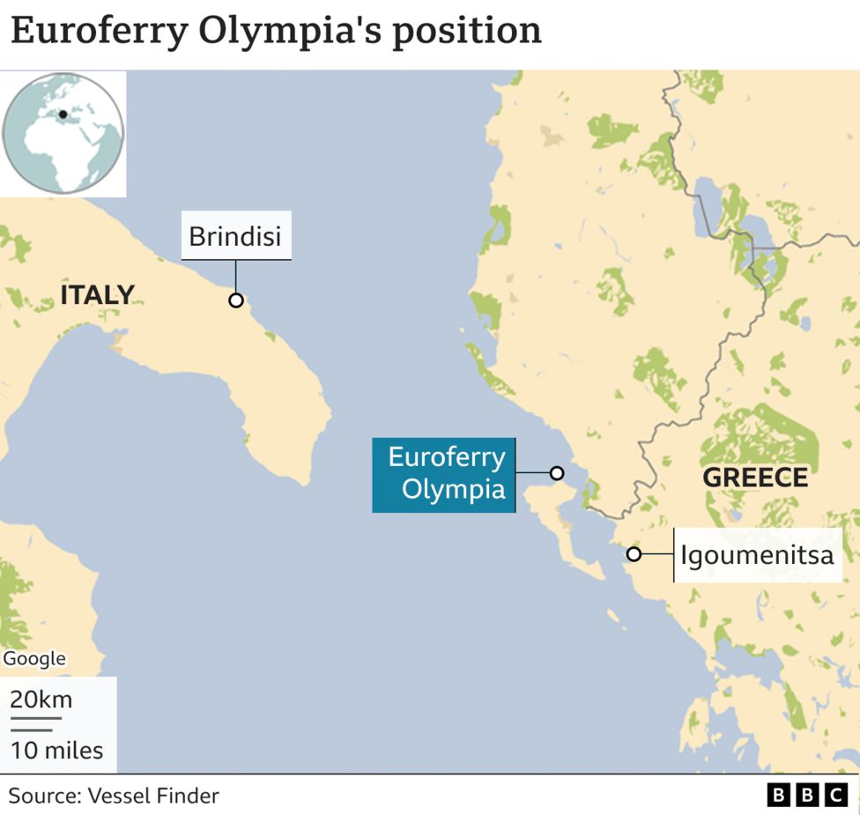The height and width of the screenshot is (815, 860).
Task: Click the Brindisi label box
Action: (235, 237)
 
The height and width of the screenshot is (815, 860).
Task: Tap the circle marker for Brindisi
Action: (235, 300)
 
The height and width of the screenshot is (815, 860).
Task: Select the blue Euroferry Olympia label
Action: (443, 474)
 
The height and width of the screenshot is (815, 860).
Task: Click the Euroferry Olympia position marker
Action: (557, 473)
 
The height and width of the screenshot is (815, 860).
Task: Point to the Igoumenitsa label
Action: (756, 555)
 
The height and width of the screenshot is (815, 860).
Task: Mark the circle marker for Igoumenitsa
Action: (634, 554)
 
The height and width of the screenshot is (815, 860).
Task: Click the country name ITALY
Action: (97, 295)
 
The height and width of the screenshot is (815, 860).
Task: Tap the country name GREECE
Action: (755, 478)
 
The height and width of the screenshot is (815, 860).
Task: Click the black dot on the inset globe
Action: (63, 115)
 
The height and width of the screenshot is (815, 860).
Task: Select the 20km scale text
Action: (41, 700)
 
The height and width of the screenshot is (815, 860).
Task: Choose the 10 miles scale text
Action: (56, 751)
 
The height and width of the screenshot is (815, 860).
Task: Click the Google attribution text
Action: (34, 658)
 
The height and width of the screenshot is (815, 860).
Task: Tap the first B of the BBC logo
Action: (779, 796)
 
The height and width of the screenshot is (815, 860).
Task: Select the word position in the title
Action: (466, 32)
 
